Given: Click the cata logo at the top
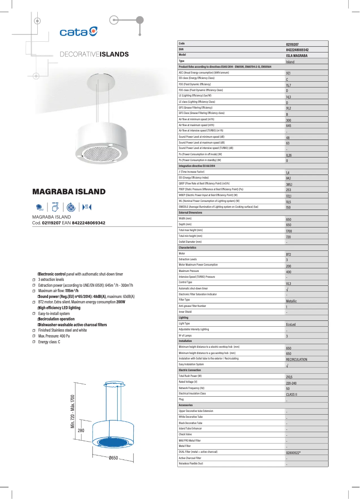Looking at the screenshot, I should [x=79, y=31].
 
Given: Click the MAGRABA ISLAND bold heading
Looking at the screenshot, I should [x=69, y=192].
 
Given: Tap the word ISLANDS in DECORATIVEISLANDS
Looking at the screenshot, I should [x=114, y=54].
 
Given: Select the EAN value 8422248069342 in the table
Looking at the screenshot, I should [x=297, y=50].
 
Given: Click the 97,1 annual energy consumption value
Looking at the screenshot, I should [x=288, y=73].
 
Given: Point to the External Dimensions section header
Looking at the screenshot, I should [x=190, y=212].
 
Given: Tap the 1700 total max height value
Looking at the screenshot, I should [x=289, y=231].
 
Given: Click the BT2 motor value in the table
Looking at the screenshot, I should [x=289, y=254].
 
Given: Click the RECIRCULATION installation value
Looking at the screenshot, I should [x=297, y=359].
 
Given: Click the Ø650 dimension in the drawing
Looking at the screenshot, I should [x=113, y=458].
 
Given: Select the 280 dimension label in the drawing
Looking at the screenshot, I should [x=81, y=431].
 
